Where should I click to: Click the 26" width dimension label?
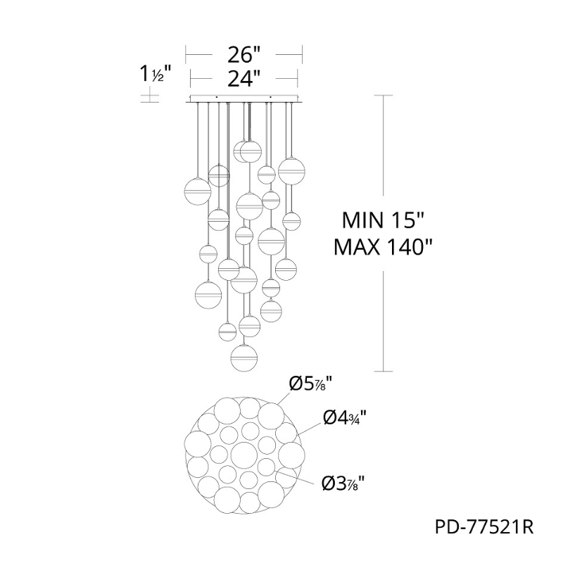[x=243, y=55]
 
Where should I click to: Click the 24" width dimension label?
[x=243, y=79]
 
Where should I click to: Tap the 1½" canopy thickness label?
[x=154, y=74]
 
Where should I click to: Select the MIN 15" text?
[x=383, y=220]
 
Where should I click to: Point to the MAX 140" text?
[x=383, y=247]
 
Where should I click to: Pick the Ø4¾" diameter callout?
[x=345, y=418]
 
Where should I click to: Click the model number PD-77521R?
[x=484, y=528]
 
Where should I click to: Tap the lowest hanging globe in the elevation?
[x=244, y=358]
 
